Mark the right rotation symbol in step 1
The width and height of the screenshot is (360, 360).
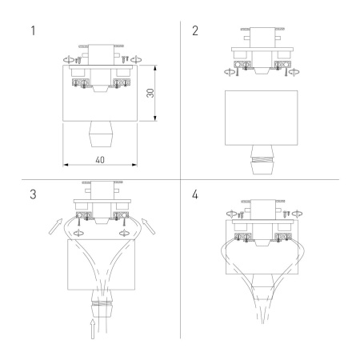(x=133, y=58)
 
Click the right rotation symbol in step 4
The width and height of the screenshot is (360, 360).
(x=298, y=214)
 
